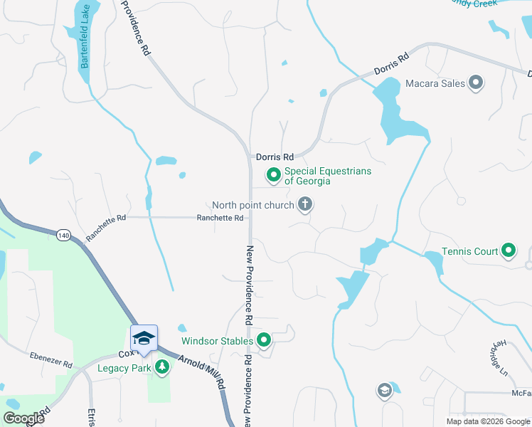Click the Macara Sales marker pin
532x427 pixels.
point(476,83)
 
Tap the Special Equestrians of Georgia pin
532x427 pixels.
point(273,174)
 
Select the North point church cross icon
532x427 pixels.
point(305,206)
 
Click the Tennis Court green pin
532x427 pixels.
point(508,251)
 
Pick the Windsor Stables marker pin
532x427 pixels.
point(264,341)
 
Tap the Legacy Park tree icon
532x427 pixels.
point(163,367)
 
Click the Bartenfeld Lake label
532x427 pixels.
point(85,45)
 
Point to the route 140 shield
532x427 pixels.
point(63,234)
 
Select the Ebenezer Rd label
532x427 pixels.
point(51,359)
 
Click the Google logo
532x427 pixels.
point(23,418)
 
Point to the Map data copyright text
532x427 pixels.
point(487,421)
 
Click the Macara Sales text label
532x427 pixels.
point(435,83)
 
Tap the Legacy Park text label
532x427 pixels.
point(124,368)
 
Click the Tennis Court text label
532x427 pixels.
point(469,251)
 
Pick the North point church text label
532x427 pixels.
point(252,206)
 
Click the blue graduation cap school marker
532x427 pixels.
point(144,339)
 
